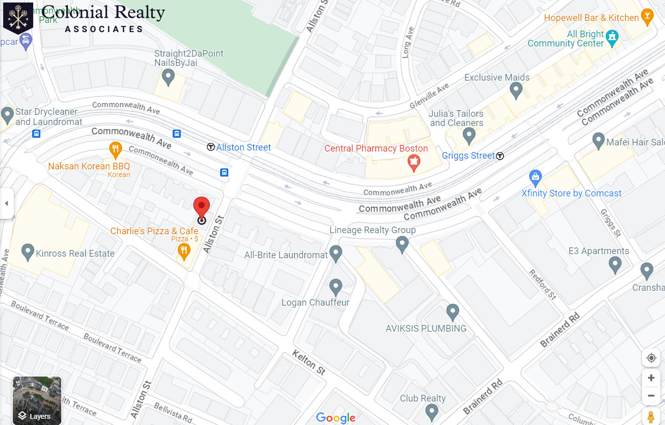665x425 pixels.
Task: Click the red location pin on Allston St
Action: [201, 207]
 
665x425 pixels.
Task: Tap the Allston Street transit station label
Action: [243, 147]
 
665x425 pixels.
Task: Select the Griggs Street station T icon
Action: [500, 156]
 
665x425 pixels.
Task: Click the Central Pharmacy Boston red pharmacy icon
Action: [413, 162]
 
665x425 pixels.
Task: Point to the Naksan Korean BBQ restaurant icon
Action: [116, 148]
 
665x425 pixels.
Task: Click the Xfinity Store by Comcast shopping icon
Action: [535, 178]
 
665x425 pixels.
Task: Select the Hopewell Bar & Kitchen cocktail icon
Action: [647, 16]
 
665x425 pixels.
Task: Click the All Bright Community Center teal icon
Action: [612, 36]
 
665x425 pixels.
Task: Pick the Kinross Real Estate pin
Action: [28, 251]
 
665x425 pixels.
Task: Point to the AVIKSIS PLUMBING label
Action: [426, 329]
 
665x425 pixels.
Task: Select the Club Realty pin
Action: [432, 411]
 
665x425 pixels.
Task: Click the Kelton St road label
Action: [309, 362]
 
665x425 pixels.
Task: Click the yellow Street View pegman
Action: [651, 416]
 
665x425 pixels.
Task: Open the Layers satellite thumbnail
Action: [37, 401]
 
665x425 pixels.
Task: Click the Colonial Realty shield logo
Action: [18, 17]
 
